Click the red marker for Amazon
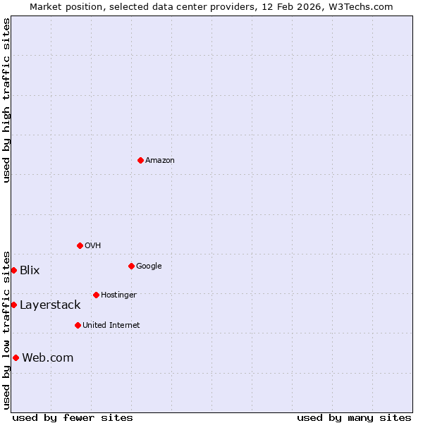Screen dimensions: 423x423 pyautogui.click(x=140, y=160)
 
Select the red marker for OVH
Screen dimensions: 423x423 pyautogui.click(x=80, y=245)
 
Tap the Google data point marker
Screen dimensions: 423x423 pyautogui.click(x=131, y=266)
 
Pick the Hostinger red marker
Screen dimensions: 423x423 pyautogui.click(x=96, y=295)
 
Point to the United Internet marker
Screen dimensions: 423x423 pyautogui.click(x=78, y=325)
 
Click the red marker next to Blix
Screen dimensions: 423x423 pyautogui.click(x=13, y=270)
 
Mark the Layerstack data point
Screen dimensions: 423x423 pyautogui.click(x=13, y=305)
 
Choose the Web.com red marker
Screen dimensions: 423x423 pyautogui.click(x=16, y=357)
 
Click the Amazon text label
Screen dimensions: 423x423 pyautogui.click(x=160, y=161)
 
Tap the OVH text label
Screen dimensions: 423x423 pyautogui.click(x=92, y=246)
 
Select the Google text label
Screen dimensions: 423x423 pyautogui.click(x=149, y=266)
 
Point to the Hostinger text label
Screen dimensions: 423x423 pyautogui.click(x=118, y=295)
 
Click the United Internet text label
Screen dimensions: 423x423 pyautogui.click(x=111, y=326)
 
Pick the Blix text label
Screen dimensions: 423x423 pyautogui.click(x=30, y=271)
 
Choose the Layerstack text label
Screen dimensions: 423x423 pyautogui.click(x=50, y=305)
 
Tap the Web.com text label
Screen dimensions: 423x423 pyautogui.click(x=48, y=358)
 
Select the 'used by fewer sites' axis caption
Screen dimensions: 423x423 pyautogui.click(x=73, y=417)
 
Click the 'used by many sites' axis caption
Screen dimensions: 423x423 pyautogui.click(x=354, y=417)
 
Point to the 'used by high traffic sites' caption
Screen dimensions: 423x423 pyautogui.click(x=6, y=100)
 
